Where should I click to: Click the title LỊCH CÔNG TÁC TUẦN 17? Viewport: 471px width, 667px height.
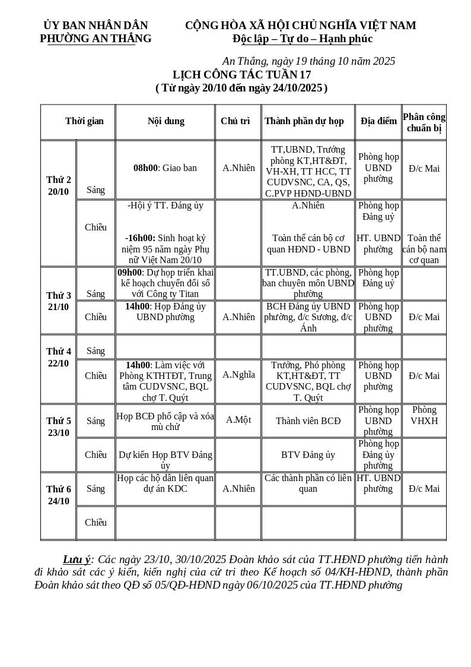coord(241,75)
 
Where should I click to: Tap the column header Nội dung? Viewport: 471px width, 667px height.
coord(166,121)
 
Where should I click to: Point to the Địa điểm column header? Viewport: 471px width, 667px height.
coord(378,121)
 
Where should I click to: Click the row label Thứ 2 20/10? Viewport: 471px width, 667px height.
coord(59,186)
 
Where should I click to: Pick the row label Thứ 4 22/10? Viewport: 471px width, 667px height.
coord(59,358)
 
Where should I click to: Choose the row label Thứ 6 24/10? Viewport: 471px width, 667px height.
coord(59,495)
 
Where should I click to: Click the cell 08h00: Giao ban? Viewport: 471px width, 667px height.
coord(165,168)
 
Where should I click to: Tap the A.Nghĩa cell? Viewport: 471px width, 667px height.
coord(238,375)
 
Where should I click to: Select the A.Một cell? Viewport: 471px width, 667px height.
coord(238,420)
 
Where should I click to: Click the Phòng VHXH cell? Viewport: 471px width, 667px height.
coord(424,415)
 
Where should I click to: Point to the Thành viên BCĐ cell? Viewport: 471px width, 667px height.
coord(308,421)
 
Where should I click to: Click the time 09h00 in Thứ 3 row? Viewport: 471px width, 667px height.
coord(129,273)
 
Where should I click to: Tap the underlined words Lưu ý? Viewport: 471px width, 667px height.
coord(77,559)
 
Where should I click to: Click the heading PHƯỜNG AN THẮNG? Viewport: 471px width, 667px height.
coord(96,39)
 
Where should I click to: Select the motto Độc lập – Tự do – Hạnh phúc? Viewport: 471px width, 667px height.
coord(303,39)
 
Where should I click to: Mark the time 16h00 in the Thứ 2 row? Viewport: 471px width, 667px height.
coord(140,238)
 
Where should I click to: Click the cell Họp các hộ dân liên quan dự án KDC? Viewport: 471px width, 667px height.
coord(166,483)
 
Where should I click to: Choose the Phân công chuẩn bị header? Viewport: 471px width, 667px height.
coord(424,122)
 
